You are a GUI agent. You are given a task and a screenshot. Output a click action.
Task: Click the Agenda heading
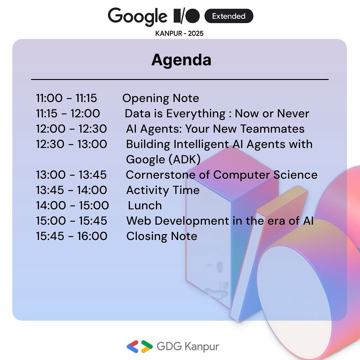(x=181, y=60)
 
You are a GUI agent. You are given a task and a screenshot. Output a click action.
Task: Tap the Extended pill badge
(x=229, y=16)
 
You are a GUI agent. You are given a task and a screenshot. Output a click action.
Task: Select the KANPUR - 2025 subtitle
(x=179, y=33)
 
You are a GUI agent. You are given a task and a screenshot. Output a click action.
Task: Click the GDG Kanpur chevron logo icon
(x=140, y=346)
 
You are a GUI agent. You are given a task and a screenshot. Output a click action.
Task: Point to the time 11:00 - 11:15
(x=66, y=98)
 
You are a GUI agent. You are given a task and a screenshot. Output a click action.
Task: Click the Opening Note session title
(x=161, y=98)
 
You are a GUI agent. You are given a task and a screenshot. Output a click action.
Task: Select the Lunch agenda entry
(x=145, y=205)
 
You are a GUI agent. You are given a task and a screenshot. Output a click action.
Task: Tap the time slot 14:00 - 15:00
(x=72, y=205)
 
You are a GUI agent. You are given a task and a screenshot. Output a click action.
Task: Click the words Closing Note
(x=162, y=236)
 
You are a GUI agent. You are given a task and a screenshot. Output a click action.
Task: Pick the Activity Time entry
(x=163, y=190)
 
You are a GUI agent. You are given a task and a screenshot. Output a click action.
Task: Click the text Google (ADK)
(x=163, y=160)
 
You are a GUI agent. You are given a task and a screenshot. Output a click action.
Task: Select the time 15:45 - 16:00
(x=72, y=236)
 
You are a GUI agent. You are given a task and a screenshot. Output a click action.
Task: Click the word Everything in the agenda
(x=196, y=114)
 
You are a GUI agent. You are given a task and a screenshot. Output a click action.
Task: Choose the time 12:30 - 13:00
(x=72, y=144)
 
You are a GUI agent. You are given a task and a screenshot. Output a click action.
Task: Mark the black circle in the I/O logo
(x=192, y=16)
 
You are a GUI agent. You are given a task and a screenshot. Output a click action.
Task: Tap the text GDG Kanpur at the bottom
(x=188, y=346)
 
